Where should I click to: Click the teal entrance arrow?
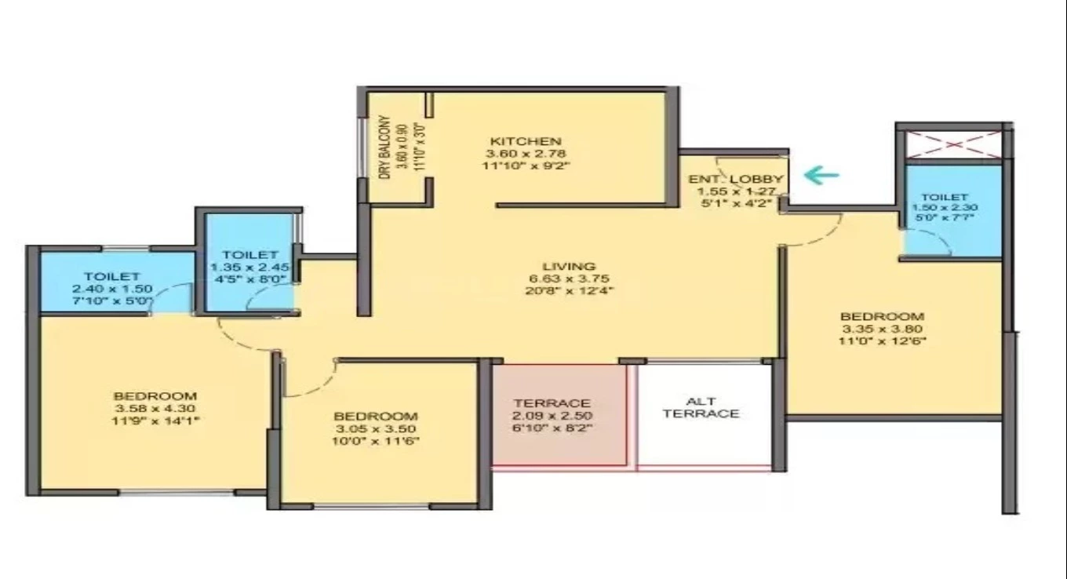821,175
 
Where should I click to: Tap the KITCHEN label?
525,141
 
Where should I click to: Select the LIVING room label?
569,266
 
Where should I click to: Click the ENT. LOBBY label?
735,179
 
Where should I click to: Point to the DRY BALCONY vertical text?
384,147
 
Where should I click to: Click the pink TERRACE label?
552,403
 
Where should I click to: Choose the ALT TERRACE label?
701,407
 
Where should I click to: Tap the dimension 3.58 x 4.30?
155,408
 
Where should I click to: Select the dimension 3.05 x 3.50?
375,428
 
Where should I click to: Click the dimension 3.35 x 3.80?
882,329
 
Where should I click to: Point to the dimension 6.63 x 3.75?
569,279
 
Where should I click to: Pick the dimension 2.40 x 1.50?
111,289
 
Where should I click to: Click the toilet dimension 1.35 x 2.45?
250,267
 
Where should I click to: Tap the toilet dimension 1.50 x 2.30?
945,207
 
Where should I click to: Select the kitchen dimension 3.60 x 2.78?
525,154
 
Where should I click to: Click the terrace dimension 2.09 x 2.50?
552,416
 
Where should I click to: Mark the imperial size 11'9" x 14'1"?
155,421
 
